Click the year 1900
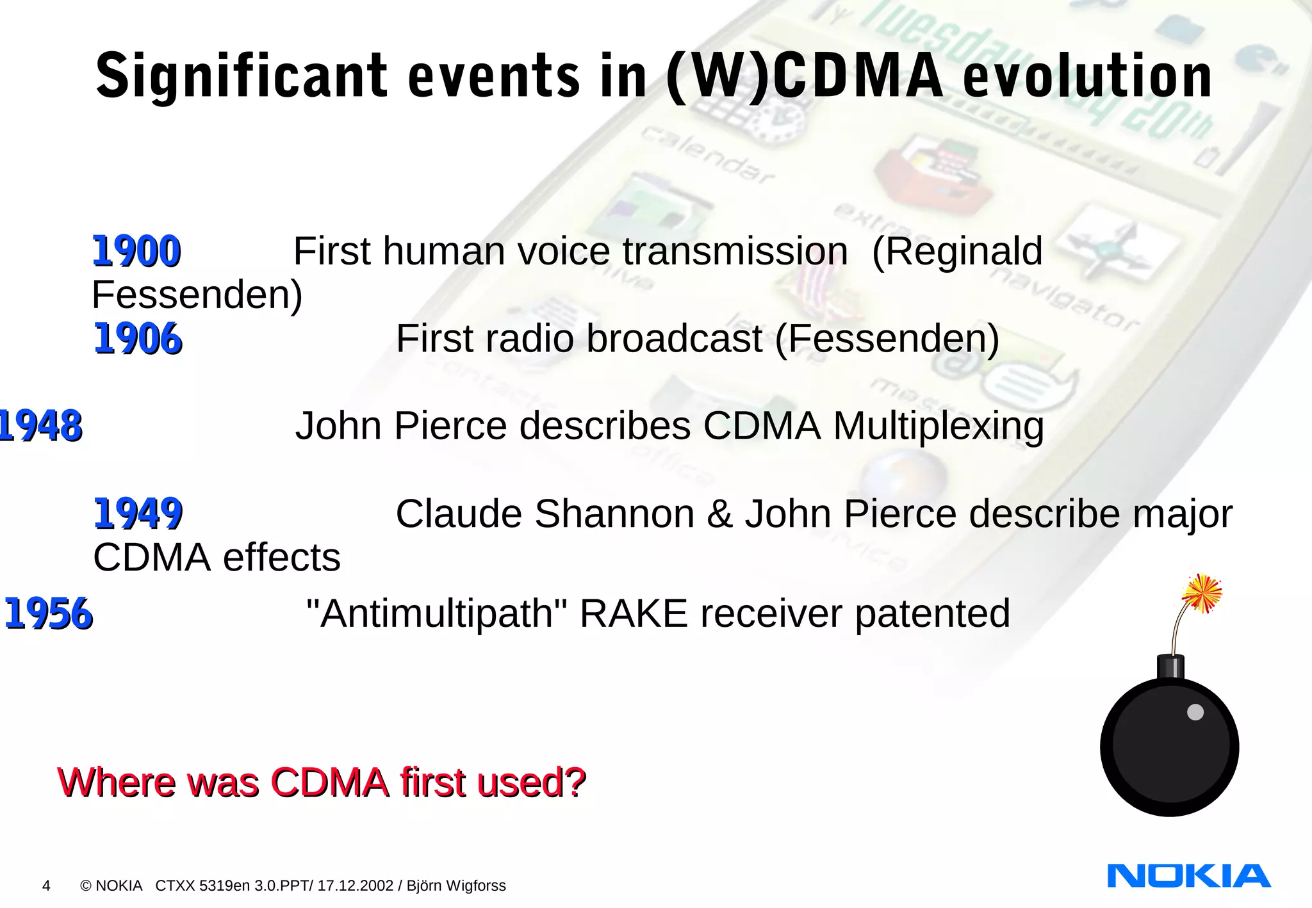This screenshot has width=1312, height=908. click(x=136, y=251)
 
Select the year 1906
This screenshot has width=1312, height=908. click(x=138, y=339)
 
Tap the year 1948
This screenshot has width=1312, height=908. click(x=40, y=426)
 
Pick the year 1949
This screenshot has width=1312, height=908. click(x=138, y=514)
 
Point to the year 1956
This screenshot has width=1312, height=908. click(x=49, y=613)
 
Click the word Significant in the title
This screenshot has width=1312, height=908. click(x=242, y=77)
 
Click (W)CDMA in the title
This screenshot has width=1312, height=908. click(x=805, y=77)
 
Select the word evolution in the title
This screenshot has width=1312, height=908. click(x=1087, y=77)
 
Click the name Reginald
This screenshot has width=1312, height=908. click(x=957, y=251)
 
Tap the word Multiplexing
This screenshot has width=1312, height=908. click(x=939, y=426)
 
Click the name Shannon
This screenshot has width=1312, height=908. click(x=614, y=514)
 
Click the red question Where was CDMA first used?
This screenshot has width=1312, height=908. click(x=322, y=782)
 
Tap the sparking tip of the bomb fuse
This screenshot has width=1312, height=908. click(x=1202, y=593)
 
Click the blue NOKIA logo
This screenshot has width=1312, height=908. click(x=1188, y=875)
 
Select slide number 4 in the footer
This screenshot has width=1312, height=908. click(x=46, y=886)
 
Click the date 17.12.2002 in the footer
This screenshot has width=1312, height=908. click(x=355, y=886)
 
